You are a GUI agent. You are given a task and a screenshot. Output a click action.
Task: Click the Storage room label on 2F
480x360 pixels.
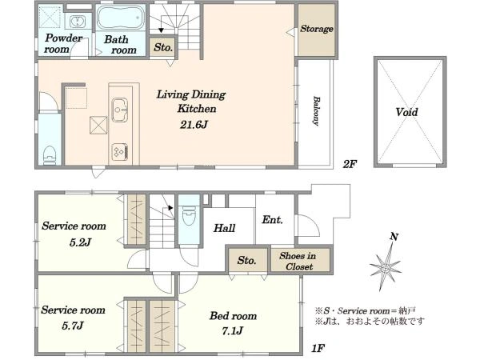pyautogui.click(x=317, y=30)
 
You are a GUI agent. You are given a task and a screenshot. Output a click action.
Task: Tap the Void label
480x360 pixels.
pyautogui.click(x=406, y=113)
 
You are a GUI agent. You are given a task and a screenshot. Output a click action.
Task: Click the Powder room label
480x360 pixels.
pyautogui.click(x=63, y=43)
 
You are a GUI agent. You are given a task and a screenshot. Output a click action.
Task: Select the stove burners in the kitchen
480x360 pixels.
pyautogui.click(x=119, y=149)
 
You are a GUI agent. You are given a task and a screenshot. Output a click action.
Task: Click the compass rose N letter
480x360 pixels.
pyautogui.click(x=392, y=237)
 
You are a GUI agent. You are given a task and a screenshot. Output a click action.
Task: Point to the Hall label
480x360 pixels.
pyautogui.click(x=224, y=228)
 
